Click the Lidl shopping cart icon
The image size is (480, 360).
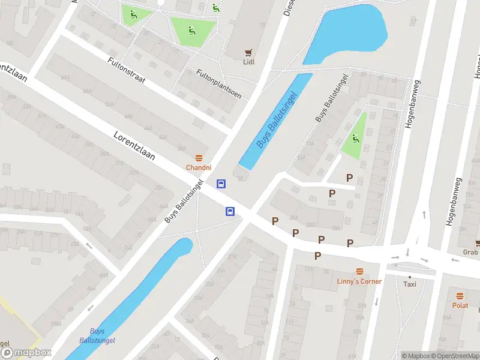point(247,52)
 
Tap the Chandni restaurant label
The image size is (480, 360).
point(198,167)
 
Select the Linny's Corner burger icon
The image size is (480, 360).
point(360,271)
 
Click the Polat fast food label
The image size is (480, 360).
point(460,305)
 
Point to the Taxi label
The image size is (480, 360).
point(410,284)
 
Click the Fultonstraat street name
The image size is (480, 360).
point(127,70)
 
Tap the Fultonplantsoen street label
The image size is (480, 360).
point(218,84)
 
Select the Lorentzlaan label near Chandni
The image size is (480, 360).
point(134,146)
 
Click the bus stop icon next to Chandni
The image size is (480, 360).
point(221,184)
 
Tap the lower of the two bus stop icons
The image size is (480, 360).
point(230,211)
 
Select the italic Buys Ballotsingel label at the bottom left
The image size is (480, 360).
point(97,335)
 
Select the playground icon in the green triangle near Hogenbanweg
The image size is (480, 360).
point(356,139)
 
